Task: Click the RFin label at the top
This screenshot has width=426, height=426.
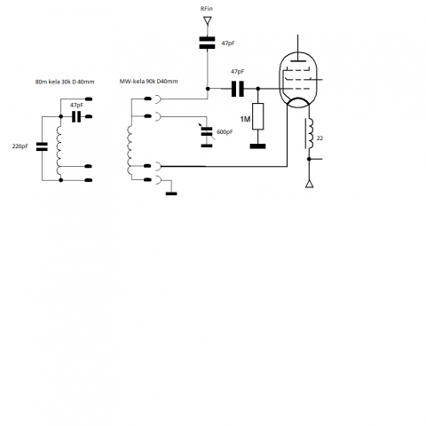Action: [x=207, y=9]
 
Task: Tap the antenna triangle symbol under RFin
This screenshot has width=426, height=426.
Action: [x=208, y=21]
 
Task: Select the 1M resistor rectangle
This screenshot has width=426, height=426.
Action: [x=257, y=116]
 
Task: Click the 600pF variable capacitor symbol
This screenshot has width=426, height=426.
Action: [x=207, y=131]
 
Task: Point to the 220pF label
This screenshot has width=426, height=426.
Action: [x=20, y=146]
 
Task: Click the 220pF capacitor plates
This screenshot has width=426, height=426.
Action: [x=42, y=146]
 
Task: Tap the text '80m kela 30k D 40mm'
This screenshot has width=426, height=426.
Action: [x=65, y=82]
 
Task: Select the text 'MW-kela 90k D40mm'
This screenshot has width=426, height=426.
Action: [x=148, y=82]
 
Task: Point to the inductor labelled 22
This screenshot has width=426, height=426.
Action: [x=309, y=134]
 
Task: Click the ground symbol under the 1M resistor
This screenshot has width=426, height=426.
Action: [x=257, y=146]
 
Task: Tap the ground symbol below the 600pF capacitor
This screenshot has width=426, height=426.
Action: [x=207, y=146]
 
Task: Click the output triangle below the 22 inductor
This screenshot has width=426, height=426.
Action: [x=309, y=184]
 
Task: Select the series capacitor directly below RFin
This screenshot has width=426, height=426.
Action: [x=207, y=43]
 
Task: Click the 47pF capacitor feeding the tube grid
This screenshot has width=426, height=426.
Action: [x=238, y=89]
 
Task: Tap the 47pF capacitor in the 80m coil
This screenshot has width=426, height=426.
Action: [x=76, y=116]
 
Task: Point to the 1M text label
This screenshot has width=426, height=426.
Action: [x=245, y=119]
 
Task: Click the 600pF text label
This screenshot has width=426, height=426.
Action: [x=225, y=132]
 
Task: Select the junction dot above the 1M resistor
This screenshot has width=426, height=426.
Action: [x=257, y=89]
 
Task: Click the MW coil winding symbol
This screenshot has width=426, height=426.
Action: [x=130, y=150]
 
